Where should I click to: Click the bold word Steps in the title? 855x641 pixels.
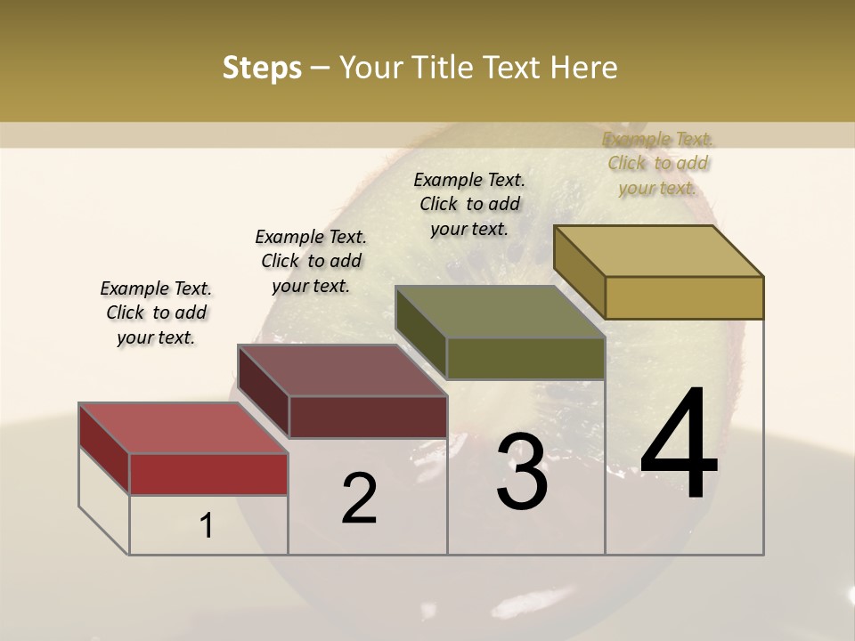[262, 68]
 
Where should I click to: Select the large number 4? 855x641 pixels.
[679, 445]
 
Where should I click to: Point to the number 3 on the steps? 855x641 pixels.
[522, 472]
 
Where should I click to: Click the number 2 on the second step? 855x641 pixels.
[359, 499]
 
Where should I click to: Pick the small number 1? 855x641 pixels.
[207, 526]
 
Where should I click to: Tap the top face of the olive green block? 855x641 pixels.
[500, 312]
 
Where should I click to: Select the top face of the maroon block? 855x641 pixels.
[343, 370]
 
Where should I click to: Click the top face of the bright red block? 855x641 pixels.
[183, 428]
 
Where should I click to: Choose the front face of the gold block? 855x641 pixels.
[684, 297]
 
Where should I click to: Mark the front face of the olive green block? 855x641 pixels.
[525, 358]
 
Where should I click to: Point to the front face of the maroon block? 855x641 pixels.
[368, 417]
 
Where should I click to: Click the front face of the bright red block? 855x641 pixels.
[208, 474]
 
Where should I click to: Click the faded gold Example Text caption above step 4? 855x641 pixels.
[658, 163]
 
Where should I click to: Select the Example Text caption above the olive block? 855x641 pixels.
[469, 204]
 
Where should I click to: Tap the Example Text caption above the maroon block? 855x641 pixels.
[311, 261]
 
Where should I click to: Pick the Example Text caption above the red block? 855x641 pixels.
[156, 312]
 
